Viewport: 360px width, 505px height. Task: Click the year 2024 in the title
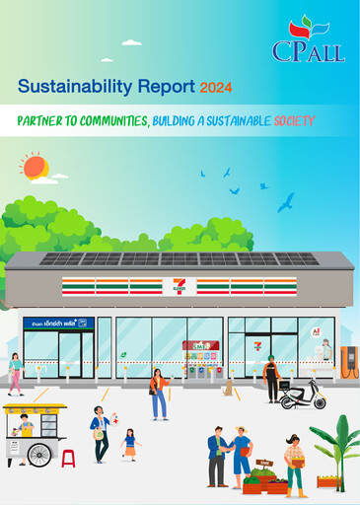click(216, 88)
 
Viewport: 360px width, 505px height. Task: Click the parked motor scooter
click(303, 395)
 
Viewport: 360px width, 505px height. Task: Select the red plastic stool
click(68, 458)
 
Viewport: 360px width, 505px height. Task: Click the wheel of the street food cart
click(40, 454)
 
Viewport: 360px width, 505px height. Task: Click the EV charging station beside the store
click(348, 360)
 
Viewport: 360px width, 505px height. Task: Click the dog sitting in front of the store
click(229, 389)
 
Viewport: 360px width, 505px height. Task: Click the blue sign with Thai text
click(56, 323)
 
